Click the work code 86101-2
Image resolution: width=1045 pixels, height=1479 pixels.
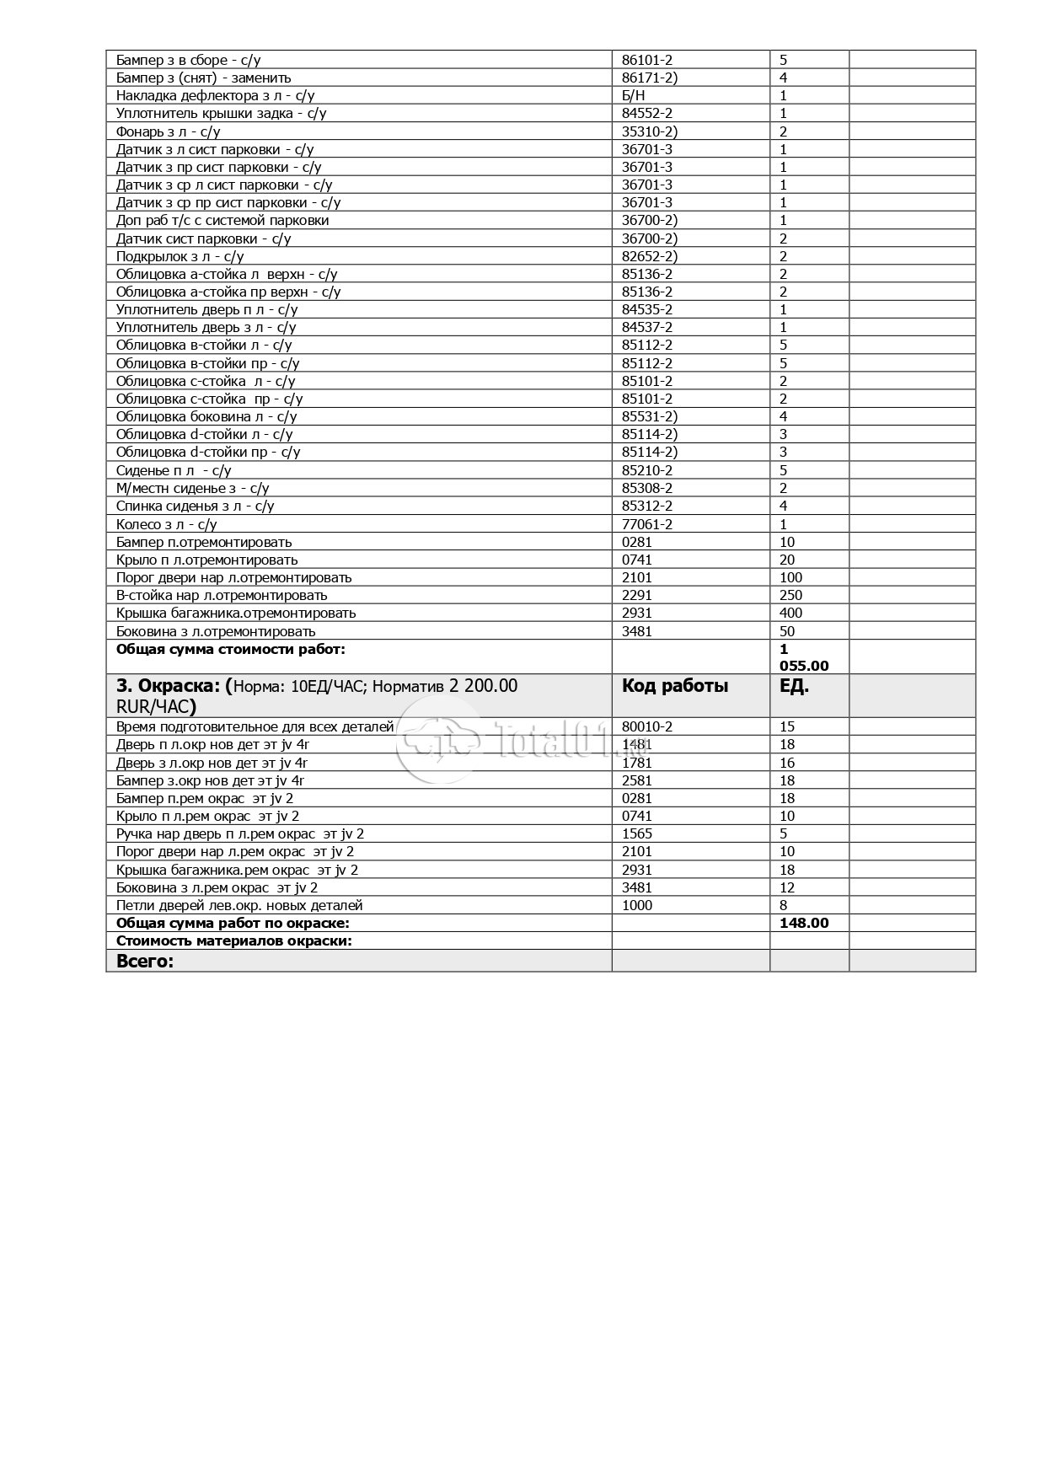pos(646,60)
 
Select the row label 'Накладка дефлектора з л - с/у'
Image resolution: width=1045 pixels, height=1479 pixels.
pos(215,95)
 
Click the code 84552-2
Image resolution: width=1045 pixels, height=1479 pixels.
pos(646,113)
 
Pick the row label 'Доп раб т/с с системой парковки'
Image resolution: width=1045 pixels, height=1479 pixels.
pos(222,220)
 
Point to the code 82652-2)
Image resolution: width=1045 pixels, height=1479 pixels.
pos(649,256)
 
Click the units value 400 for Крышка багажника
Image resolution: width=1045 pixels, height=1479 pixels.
pos(790,613)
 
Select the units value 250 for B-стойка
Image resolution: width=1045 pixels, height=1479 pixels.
pos(790,595)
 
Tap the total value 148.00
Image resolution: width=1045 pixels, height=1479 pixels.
pos(804,923)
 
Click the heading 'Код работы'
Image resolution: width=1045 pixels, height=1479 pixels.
pos(674,686)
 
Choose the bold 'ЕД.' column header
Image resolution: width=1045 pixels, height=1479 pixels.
pos(794,686)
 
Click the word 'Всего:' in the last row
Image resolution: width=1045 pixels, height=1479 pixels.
pos(144,961)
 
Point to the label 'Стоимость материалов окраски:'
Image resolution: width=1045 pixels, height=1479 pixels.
pos(233,940)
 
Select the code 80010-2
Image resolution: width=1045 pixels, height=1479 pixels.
pos(646,726)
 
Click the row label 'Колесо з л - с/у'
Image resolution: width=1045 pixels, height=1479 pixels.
pos(167,524)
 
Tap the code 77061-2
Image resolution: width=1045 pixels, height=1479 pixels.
pos(646,524)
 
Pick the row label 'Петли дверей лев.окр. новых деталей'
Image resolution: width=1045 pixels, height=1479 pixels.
pos(239,905)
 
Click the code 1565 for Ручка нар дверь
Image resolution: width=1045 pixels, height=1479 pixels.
pos(636,833)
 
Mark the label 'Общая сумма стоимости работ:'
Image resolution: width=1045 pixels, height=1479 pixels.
pos(231,649)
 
